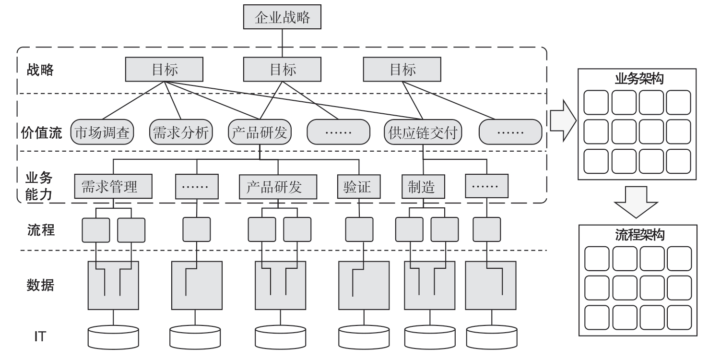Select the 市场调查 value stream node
(x=103, y=132)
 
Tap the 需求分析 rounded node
(x=181, y=132)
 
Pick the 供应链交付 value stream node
(x=423, y=132)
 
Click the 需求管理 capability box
(x=114, y=187)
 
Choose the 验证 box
(x=358, y=187)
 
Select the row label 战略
(x=40, y=70)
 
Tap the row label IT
(x=40, y=336)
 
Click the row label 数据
(x=40, y=285)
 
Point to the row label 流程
(x=40, y=230)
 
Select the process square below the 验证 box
(x=359, y=229)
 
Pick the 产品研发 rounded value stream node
(x=260, y=132)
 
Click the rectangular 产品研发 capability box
(x=278, y=187)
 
